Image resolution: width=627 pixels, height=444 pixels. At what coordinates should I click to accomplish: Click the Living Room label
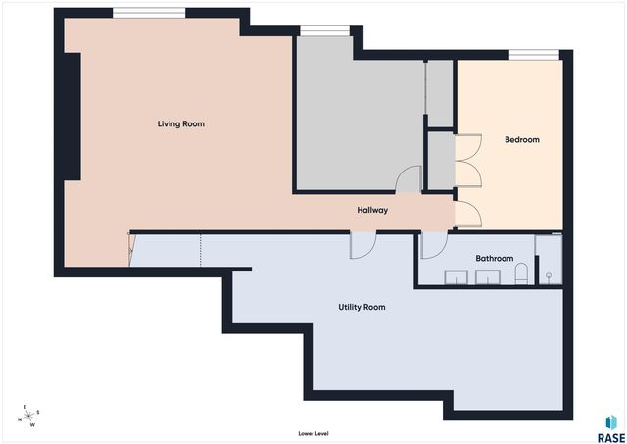point(181,124)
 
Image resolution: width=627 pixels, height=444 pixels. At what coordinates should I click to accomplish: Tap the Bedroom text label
point(521,140)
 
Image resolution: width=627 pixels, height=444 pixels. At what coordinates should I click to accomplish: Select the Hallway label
point(372,210)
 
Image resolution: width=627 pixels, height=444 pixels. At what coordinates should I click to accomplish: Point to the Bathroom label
point(494,259)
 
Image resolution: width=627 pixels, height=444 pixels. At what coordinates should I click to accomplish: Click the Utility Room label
point(362,308)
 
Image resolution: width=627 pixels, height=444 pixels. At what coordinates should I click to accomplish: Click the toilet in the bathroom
point(522,273)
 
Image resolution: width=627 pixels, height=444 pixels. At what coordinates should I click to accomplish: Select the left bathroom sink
point(457,275)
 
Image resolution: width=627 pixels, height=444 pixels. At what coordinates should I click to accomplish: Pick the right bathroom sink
point(488,275)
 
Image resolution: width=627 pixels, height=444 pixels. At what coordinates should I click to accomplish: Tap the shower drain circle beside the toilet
point(548,275)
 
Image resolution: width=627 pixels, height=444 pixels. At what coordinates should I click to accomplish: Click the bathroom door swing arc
point(432,246)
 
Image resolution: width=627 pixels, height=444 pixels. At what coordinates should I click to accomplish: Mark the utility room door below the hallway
point(361,244)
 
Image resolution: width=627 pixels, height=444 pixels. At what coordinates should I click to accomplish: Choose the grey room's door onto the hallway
point(409,179)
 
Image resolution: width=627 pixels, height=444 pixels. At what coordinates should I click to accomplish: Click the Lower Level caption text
point(313,433)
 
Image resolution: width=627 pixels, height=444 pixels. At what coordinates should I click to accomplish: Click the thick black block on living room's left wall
point(72,115)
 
